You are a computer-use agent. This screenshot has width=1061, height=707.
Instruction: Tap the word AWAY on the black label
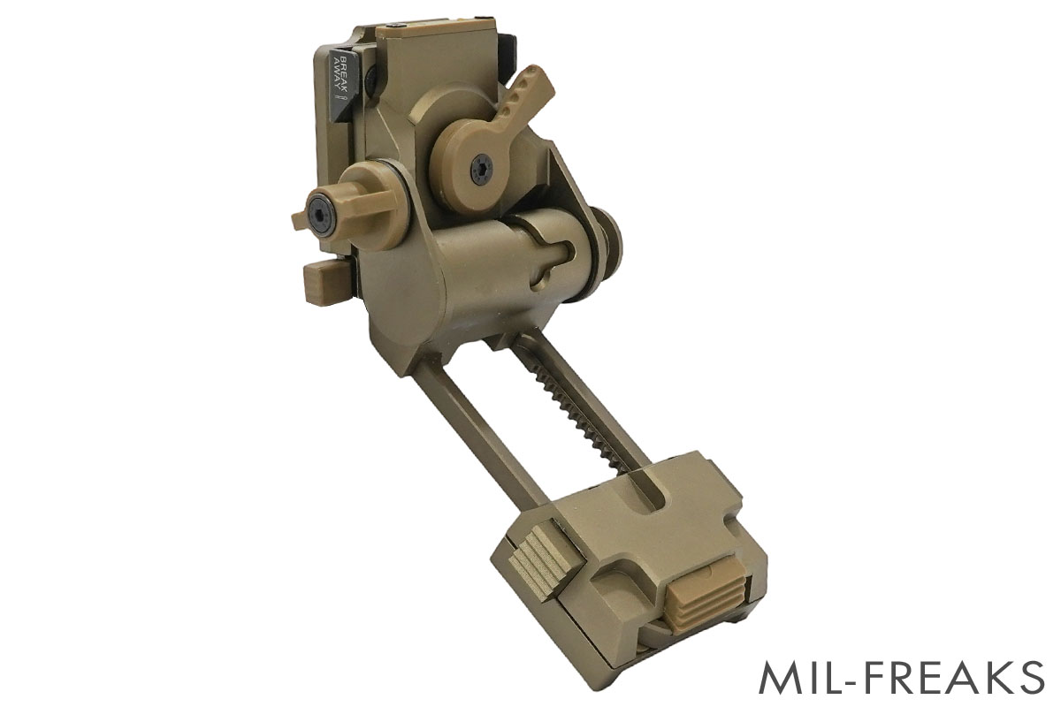pos(337,75)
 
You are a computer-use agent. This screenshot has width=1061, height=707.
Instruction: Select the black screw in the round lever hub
pos(481,170)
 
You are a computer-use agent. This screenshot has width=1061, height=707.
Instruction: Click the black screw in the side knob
pos(319,217)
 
